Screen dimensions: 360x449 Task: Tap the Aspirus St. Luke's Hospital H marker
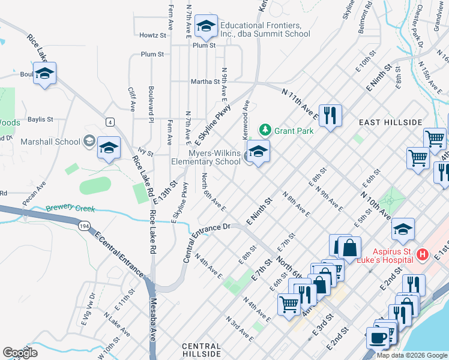click(422, 254)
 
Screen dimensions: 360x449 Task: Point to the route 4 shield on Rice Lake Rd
click(110, 122)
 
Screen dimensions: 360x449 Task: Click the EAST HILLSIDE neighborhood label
click(391, 122)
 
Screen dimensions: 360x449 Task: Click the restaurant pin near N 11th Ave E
click(330, 115)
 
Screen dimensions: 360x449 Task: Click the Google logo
click(20, 353)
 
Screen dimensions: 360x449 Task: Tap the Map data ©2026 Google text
click(411, 355)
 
